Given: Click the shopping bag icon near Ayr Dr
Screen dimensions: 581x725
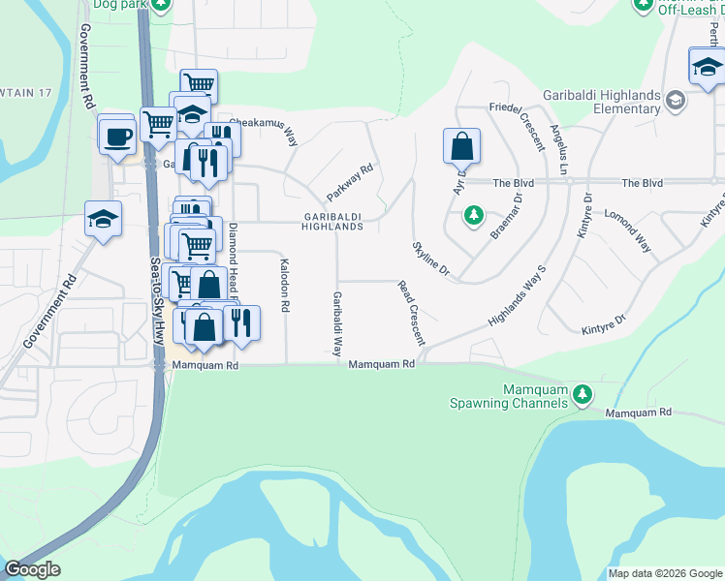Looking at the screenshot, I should click(x=462, y=147).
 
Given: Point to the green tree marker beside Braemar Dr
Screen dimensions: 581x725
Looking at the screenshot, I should click(x=473, y=214).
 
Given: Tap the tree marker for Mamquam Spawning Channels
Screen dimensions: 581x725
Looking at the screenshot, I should click(x=582, y=394).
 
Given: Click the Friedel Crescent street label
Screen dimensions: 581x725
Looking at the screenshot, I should click(x=518, y=125).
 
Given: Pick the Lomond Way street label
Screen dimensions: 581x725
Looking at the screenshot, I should click(x=628, y=229).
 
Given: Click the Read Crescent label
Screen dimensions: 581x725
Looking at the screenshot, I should click(x=412, y=313).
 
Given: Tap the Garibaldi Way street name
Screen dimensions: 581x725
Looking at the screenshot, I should click(x=337, y=323).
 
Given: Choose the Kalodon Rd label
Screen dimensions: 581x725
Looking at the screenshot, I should click(x=284, y=285).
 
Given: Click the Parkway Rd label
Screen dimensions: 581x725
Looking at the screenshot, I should click(x=350, y=182).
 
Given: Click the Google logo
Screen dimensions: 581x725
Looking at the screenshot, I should click(x=32, y=569).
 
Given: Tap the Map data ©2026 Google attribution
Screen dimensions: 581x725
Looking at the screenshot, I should click(x=664, y=573).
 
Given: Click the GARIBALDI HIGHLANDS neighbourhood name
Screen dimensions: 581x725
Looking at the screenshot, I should click(x=332, y=221).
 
